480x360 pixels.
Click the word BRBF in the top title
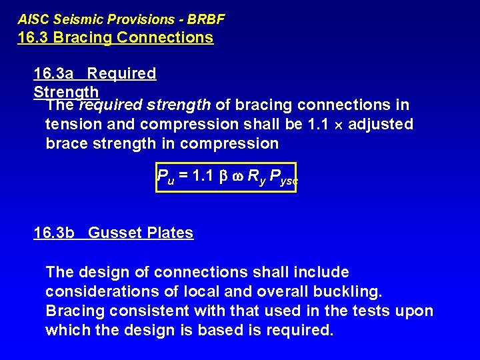pos(205,20)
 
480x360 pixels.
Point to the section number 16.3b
pos(55,233)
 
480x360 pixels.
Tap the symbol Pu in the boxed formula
pos(164,177)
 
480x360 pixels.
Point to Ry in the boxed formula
pos(254,177)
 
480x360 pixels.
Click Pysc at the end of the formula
pos(282,177)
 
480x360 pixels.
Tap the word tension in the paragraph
pos(71,124)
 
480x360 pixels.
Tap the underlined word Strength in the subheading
pos(66,91)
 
